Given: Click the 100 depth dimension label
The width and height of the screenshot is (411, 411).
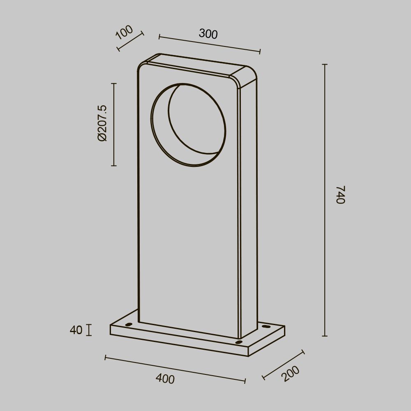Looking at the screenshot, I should (x=125, y=32).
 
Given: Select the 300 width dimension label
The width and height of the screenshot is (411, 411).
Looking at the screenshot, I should (x=208, y=34).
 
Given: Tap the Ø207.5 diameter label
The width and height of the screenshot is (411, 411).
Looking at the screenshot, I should (x=102, y=123).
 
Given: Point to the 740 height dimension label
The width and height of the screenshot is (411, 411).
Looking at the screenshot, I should (x=340, y=195).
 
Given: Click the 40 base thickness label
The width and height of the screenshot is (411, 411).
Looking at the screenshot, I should (x=76, y=330).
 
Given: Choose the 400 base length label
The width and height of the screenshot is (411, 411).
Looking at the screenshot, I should (x=165, y=379).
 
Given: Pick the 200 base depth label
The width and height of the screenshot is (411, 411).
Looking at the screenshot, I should (x=291, y=374).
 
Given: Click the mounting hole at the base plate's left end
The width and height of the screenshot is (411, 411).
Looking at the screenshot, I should (x=129, y=325).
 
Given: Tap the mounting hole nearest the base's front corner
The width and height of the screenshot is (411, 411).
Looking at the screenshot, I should (x=239, y=342).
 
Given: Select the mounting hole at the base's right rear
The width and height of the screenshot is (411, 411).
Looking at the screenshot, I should (x=264, y=327).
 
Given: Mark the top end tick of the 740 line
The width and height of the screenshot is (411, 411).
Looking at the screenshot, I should (x=325, y=65).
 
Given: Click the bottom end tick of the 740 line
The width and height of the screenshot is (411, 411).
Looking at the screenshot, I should (x=325, y=336).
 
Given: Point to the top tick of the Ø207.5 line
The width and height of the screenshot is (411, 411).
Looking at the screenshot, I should (x=114, y=83).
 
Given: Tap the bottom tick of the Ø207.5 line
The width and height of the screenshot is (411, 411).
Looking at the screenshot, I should (x=114, y=166).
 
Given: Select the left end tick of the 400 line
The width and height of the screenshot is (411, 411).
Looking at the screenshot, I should (x=106, y=358).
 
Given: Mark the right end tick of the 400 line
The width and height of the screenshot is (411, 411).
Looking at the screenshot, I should (x=245, y=381).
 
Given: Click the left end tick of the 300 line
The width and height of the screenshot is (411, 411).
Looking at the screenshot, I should (x=159, y=37).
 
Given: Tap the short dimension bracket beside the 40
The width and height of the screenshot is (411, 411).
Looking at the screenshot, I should (x=88, y=330).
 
